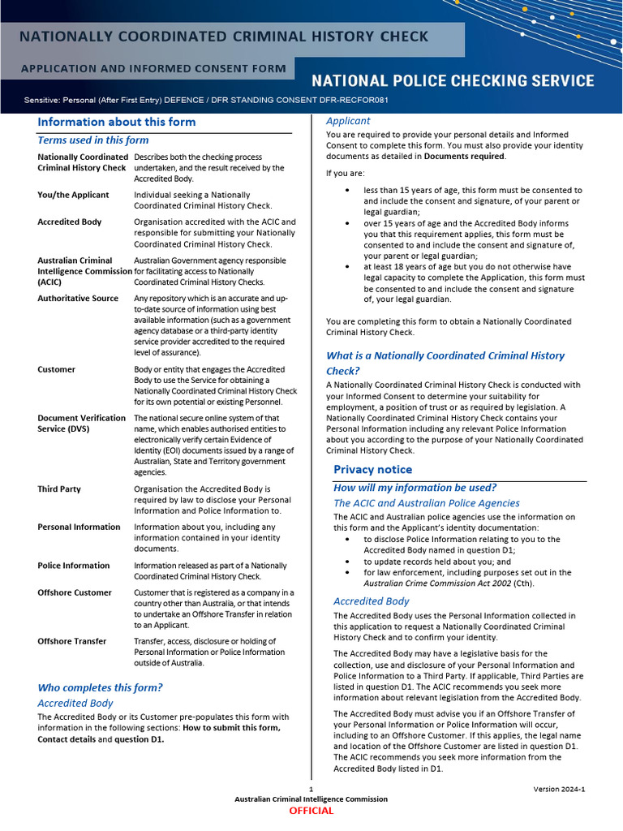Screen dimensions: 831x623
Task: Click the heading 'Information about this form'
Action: [x=116, y=122]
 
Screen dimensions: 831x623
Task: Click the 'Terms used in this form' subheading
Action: [x=93, y=140]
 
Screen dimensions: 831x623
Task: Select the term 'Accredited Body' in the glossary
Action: [x=70, y=222]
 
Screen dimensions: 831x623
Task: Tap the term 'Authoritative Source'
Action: [x=78, y=299]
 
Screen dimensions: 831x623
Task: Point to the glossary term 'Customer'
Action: [x=56, y=369]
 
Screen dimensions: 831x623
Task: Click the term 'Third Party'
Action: [x=59, y=489]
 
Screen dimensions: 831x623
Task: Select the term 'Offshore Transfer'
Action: [x=71, y=641]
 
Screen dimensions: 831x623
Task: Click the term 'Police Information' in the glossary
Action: [x=73, y=566]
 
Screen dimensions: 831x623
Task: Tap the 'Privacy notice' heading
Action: [x=372, y=469]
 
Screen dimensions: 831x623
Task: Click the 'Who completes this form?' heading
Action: [x=100, y=687]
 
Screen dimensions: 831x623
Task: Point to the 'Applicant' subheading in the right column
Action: [x=348, y=121]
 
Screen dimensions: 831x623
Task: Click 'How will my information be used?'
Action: [x=415, y=488]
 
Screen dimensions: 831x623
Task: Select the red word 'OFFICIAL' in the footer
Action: [x=311, y=811]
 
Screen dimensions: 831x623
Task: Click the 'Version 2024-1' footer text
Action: [x=559, y=789]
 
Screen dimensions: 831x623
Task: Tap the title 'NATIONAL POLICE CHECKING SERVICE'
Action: [x=453, y=81]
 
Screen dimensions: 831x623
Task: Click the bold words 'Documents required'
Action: [x=464, y=157]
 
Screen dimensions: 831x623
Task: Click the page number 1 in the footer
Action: [x=311, y=790]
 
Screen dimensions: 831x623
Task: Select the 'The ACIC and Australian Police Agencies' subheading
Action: [x=427, y=503]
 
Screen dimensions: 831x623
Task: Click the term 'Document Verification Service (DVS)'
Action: [x=81, y=423]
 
